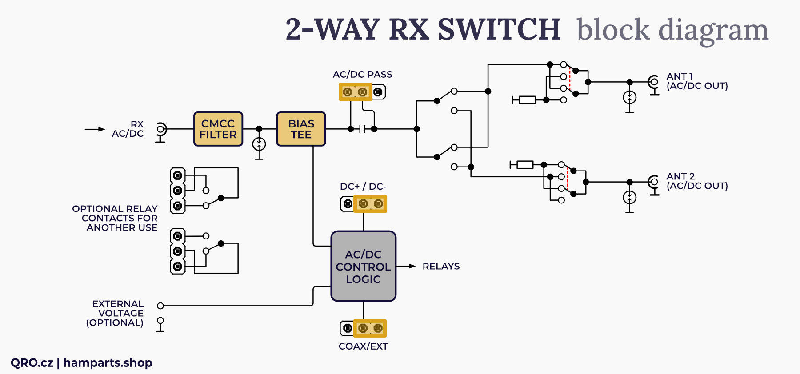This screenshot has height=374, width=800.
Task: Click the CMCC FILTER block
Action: click(218, 129)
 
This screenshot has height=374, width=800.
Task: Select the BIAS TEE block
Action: click(301, 129)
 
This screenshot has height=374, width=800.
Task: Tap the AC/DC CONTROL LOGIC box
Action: click(363, 267)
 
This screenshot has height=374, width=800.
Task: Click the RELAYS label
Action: click(441, 267)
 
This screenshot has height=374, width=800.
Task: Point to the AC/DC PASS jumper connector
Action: click(362, 92)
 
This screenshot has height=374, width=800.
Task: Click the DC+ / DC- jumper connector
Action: click(364, 204)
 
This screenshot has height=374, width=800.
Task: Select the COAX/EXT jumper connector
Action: click(363, 328)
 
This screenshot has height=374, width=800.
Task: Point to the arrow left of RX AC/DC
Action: click(95, 129)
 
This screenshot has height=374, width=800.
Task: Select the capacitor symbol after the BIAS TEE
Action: click(363, 129)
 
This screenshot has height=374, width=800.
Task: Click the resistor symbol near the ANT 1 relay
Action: click(527, 100)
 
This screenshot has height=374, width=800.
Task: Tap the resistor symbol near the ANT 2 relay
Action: click(525, 165)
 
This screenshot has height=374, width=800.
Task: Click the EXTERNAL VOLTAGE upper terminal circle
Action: click(160, 306)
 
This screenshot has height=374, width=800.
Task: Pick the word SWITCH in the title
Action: click(499, 29)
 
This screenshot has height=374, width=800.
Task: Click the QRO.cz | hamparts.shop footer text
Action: click(81, 363)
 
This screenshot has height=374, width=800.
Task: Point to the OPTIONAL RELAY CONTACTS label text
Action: click(115, 218)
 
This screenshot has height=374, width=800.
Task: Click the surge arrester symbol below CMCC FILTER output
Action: click(259, 144)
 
